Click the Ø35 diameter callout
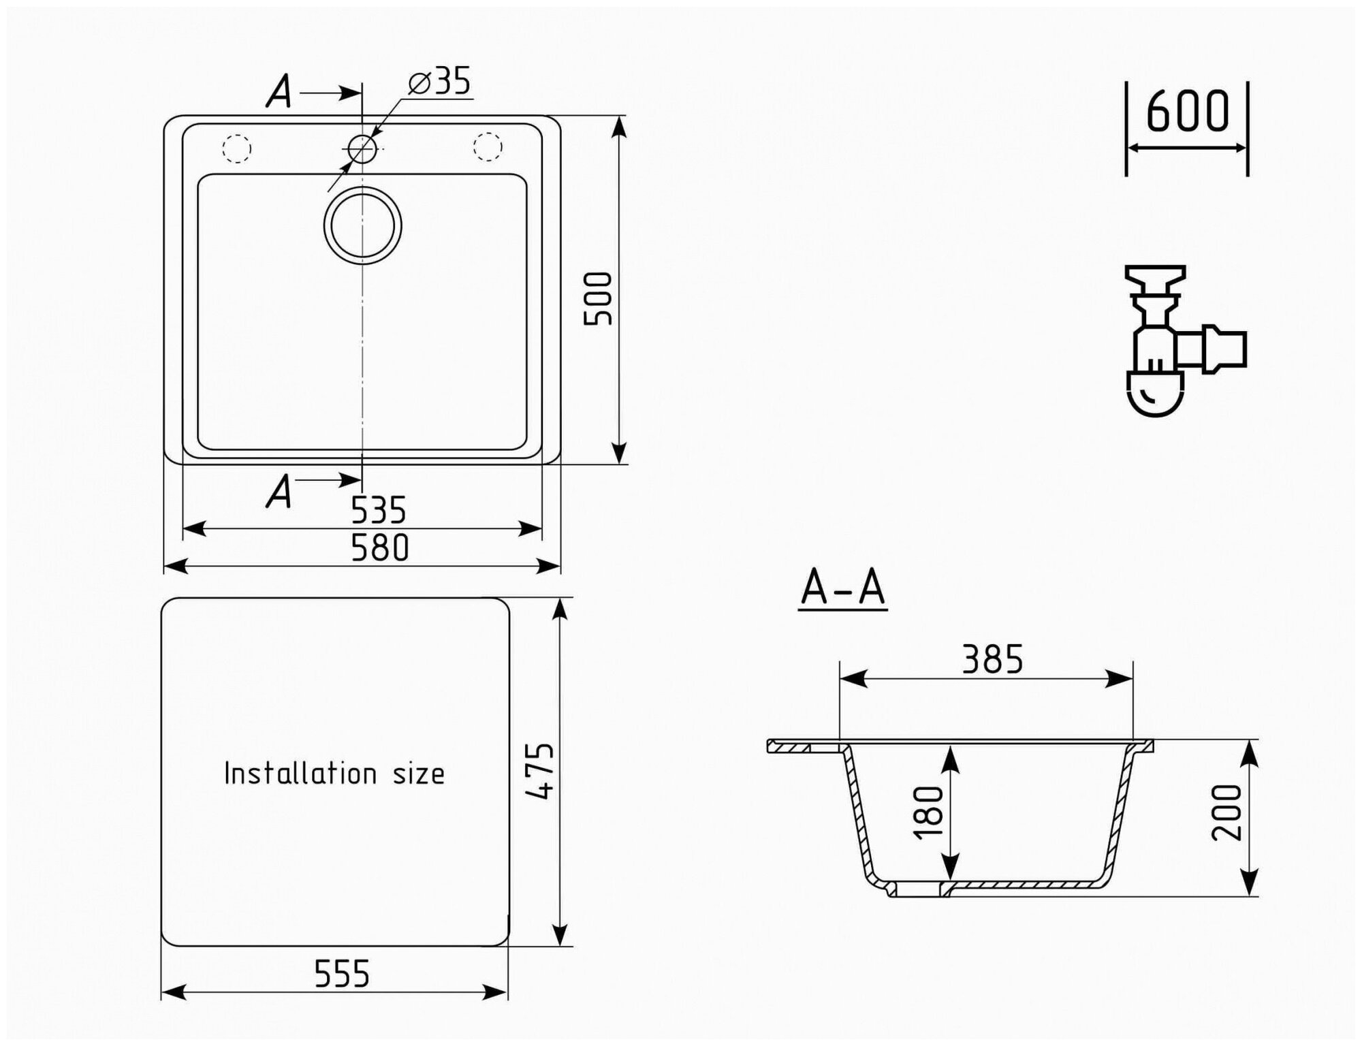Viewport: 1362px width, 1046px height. (x=439, y=82)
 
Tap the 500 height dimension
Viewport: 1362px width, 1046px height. (x=599, y=298)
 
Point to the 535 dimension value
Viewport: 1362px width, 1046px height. (x=379, y=510)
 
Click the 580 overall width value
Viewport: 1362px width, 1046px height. (x=379, y=548)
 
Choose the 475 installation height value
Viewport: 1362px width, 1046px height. (x=540, y=771)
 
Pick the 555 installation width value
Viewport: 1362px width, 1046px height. (x=342, y=974)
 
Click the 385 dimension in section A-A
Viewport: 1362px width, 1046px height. (x=992, y=659)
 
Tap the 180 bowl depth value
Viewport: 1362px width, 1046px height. (x=930, y=812)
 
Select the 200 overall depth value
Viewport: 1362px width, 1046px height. (x=1227, y=812)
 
